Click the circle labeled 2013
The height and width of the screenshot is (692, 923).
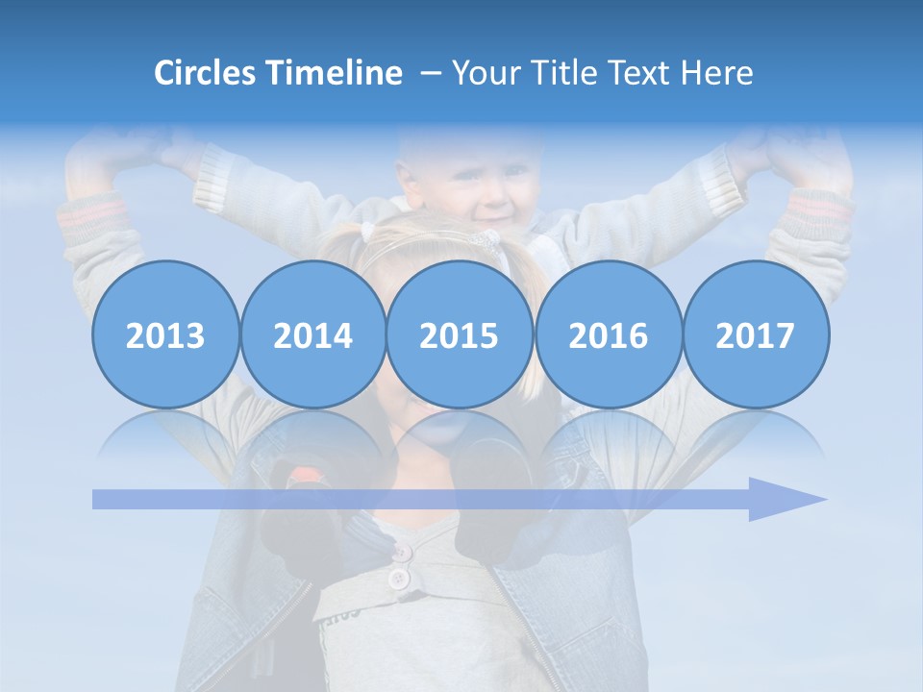pyautogui.click(x=165, y=334)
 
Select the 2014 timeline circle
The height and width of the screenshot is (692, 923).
pyautogui.click(x=312, y=334)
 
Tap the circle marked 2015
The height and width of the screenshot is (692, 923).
pyautogui.click(x=460, y=334)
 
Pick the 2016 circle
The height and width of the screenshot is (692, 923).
pyautogui.click(x=608, y=334)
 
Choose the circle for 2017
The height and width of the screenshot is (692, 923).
pyautogui.click(x=755, y=334)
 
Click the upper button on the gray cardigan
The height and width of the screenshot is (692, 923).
pyautogui.click(x=401, y=553)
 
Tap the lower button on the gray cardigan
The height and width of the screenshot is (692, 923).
pyautogui.click(x=397, y=579)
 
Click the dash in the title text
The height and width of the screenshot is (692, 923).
pyautogui.click(x=431, y=73)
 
